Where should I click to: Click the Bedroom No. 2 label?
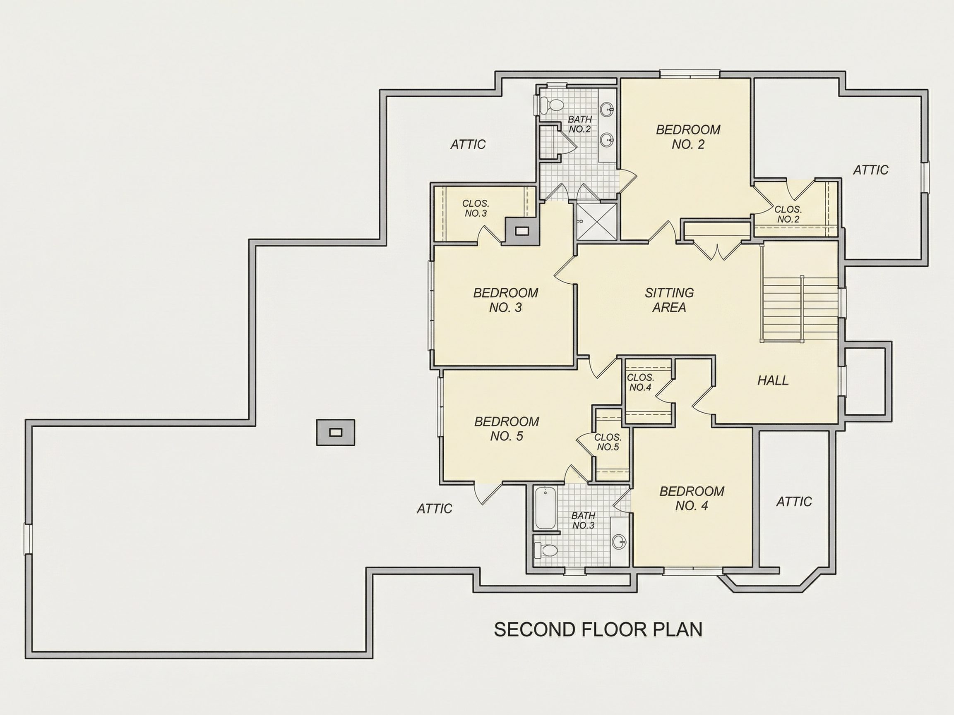click(688, 136)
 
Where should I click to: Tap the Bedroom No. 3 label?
click(505, 300)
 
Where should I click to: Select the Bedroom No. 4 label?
click(692, 498)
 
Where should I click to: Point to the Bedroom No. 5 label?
click(507, 428)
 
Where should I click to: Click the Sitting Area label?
click(669, 300)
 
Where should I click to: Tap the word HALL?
click(773, 380)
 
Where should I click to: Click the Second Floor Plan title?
click(598, 629)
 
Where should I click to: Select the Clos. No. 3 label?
click(476, 208)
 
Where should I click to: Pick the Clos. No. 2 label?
click(788, 214)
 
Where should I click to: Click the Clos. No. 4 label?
click(640, 382)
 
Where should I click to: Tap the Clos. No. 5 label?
click(608, 442)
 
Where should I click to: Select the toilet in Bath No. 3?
click(545, 550)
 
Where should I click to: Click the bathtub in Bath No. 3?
click(545, 508)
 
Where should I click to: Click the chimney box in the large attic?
click(336, 432)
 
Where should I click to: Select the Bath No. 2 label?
click(580, 124)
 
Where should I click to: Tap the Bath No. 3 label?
click(583, 520)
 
